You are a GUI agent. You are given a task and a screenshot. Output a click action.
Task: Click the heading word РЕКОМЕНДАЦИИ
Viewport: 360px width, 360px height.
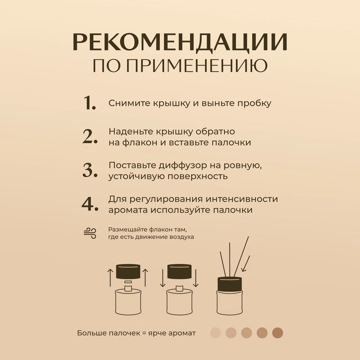180,42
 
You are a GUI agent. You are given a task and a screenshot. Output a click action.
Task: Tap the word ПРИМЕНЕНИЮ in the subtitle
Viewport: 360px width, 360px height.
197,65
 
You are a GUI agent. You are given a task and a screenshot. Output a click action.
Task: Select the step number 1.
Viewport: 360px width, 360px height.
90,103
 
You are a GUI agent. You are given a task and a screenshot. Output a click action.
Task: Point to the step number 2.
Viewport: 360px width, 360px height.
90,137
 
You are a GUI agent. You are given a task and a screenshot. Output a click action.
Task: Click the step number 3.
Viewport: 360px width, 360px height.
90,170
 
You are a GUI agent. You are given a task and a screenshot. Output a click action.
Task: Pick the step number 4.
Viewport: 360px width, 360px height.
90,204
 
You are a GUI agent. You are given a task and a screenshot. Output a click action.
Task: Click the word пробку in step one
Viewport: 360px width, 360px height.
254,104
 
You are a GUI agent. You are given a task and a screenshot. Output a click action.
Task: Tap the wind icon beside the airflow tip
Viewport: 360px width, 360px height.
90,233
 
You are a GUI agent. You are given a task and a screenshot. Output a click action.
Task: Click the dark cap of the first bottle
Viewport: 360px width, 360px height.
128,272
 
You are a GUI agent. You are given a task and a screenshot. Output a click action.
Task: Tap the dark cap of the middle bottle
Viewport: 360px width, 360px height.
179,272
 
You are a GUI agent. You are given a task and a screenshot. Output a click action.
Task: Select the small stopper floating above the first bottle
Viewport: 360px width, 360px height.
128,281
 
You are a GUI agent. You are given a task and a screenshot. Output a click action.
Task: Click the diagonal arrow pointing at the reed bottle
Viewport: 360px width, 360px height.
246,264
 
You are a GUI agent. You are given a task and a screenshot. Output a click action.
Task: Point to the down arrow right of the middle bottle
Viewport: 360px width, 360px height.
196,278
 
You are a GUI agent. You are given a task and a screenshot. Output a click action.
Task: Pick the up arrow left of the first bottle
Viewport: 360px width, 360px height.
110,278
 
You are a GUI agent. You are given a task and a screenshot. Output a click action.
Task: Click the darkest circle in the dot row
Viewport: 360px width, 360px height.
278,333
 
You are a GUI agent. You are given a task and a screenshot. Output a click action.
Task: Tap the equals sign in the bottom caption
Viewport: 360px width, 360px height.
144,333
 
